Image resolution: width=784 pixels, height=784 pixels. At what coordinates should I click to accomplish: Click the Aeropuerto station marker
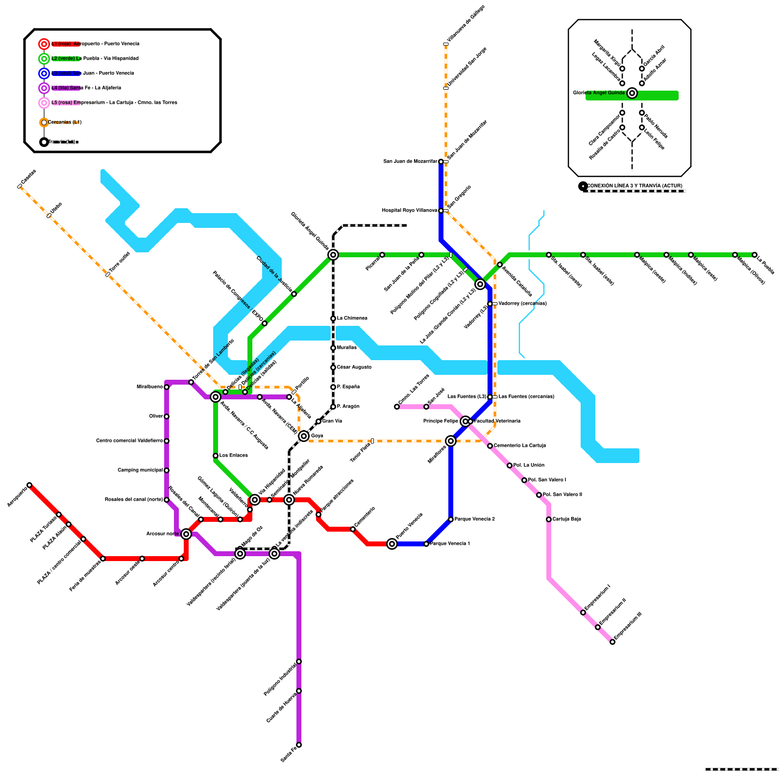(x=29, y=485)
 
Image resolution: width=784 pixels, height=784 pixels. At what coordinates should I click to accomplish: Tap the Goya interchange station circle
(x=304, y=436)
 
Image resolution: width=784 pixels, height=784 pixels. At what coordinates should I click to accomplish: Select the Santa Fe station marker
(x=299, y=745)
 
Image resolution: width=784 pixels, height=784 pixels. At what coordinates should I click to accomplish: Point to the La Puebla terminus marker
(x=755, y=255)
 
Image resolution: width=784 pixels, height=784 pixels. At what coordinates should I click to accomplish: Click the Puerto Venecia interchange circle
(x=392, y=544)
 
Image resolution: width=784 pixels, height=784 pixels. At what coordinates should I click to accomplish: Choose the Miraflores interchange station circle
(x=451, y=441)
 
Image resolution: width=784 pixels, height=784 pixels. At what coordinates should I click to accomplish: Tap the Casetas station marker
(x=20, y=186)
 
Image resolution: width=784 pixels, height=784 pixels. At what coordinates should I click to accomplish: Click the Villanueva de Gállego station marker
(x=446, y=44)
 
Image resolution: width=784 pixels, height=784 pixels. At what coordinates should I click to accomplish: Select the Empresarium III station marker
(x=612, y=642)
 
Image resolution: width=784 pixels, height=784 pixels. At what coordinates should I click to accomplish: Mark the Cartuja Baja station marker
(x=549, y=519)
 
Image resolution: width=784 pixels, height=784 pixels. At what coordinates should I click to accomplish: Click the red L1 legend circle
(x=44, y=44)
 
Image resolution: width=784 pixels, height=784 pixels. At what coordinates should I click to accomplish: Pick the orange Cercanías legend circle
(x=44, y=122)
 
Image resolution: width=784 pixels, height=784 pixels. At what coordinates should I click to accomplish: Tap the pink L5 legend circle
(x=44, y=103)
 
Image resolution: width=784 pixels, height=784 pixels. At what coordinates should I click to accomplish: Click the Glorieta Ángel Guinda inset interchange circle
(x=632, y=93)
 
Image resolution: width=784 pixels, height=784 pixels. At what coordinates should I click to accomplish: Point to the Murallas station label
(x=347, y=348)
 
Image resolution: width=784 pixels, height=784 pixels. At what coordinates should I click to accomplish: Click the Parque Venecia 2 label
(x=474, y=519)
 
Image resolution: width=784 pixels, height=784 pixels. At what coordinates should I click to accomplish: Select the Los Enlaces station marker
(x=216, y=456)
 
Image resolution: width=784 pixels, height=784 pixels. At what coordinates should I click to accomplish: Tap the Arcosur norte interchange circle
(x=186, y=534)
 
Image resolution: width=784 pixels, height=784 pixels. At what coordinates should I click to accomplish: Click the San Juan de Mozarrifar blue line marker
(x=441, y=162)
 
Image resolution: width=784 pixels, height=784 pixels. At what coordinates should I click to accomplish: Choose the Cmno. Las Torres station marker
(x=397, y=407)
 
